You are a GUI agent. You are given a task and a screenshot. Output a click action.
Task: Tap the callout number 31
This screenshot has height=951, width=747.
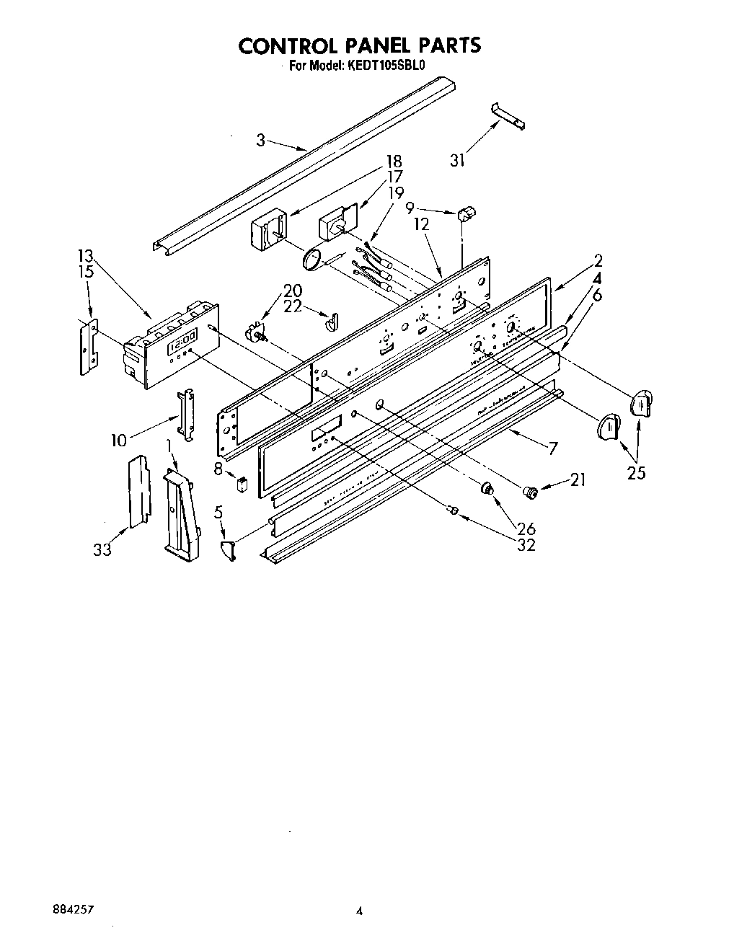click(457, 161)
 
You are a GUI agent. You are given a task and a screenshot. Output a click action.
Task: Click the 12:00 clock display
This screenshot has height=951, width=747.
click(182, 339)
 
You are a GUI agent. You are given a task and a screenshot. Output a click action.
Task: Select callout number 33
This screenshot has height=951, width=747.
click(102, 549)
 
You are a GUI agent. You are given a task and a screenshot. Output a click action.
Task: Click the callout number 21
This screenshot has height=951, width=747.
click(578, 480)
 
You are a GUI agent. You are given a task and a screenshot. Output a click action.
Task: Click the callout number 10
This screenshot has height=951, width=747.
click(118, 439)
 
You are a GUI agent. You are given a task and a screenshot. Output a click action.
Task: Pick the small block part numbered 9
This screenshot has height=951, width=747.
click(466, 213)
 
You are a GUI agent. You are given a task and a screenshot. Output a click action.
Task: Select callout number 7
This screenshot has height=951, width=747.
click(552, 448)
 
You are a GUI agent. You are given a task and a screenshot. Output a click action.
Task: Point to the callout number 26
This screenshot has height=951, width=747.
click(526, 529)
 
